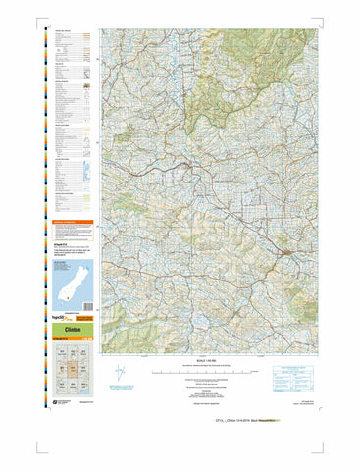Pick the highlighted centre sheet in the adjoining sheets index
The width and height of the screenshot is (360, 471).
click(71, 371)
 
